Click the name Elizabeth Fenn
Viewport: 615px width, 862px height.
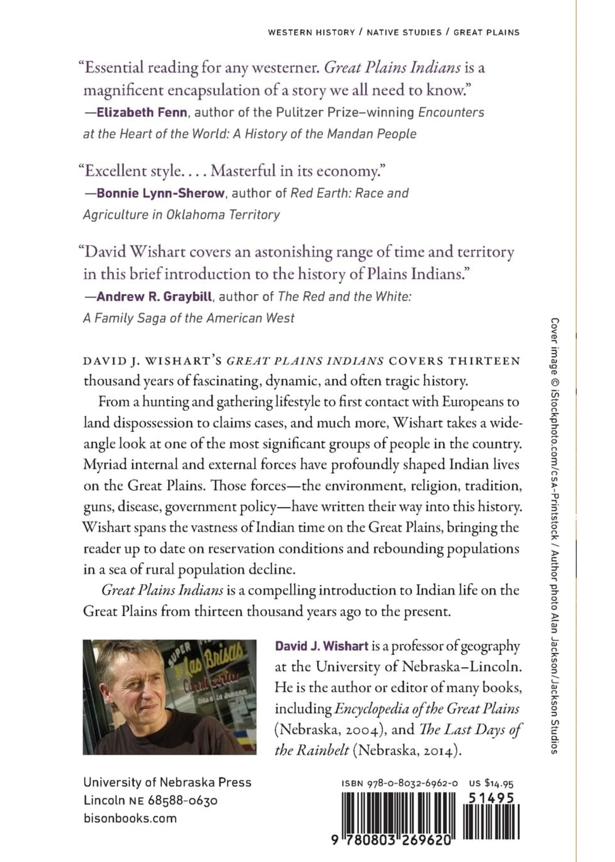pos(141,113)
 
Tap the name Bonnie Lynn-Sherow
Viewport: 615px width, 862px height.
pos(160,193)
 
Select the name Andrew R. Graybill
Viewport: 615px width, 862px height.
pos(154,296)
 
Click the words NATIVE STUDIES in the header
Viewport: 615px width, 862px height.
pos(404,32)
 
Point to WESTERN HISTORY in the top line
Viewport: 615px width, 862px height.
pos(311,32)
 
